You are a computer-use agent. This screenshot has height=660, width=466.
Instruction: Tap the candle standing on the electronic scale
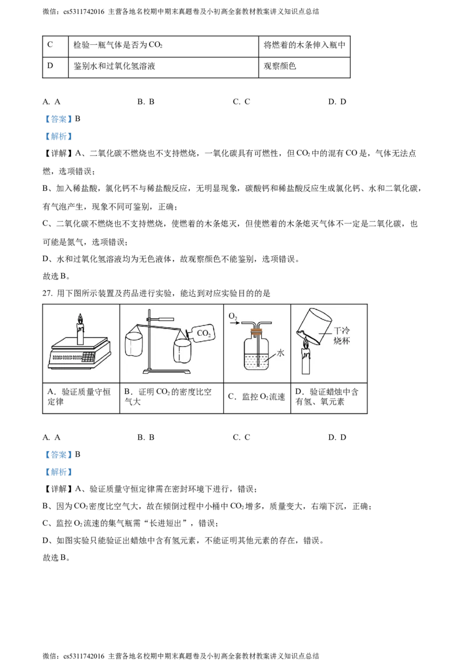pyautogui.click(x=81, y=333)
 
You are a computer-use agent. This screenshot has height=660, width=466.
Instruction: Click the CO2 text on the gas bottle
pyautogui.click(x=204, y=333)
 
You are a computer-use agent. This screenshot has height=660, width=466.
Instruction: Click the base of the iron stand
pyautogui.click(x=170, y=371)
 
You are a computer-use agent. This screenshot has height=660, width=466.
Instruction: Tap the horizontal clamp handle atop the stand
pyautogui.click(x=165, y=318)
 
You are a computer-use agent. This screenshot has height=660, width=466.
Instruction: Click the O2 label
pyautogui.click(x=233, y=316)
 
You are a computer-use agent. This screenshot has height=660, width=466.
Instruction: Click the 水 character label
pyautogui.click(x=280, y=353)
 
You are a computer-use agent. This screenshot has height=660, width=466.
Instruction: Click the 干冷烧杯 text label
pyautogui.click(x=341, y=336)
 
